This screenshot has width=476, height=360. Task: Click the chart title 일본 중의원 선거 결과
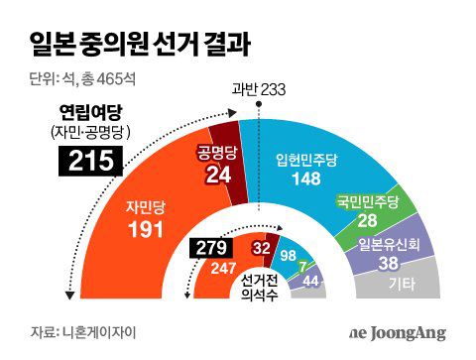click(138, 44)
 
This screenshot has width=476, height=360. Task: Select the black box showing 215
click(91, 159)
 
